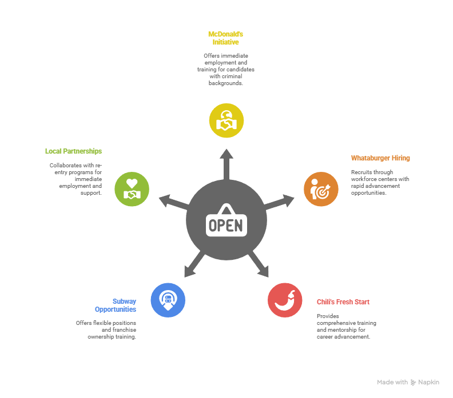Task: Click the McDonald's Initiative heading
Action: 225,38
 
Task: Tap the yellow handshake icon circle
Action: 226,120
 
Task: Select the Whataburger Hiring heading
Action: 380,158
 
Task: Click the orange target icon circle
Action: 321,189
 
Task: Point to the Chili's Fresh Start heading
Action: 343,302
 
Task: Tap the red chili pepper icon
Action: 285,300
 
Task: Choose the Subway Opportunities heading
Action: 116,305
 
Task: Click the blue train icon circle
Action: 168,300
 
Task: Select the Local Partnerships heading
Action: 73,151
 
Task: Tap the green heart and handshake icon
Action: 132,189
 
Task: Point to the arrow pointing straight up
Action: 226,164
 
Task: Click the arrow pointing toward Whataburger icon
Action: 279,202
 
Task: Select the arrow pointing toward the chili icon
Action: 259,264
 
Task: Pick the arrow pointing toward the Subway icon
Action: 194,264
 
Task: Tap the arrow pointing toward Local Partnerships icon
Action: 174,202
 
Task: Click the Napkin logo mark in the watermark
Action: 413,383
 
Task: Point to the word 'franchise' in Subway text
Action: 124,329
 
